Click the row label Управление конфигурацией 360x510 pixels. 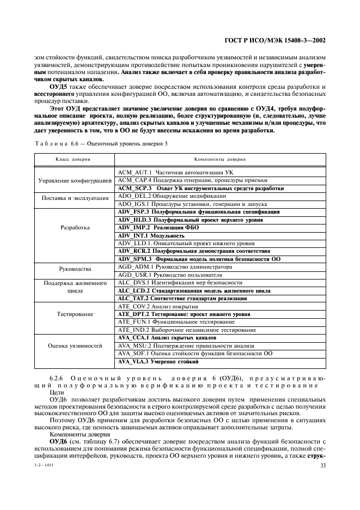coord(76,180)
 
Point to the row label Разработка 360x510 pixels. coord(76,227)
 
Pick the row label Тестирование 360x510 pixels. coord(76,314)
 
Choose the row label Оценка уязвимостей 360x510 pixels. coord(76,346)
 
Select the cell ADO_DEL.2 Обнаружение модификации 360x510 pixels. coord(172,196)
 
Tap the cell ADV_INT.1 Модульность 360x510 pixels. coord(151,235)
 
